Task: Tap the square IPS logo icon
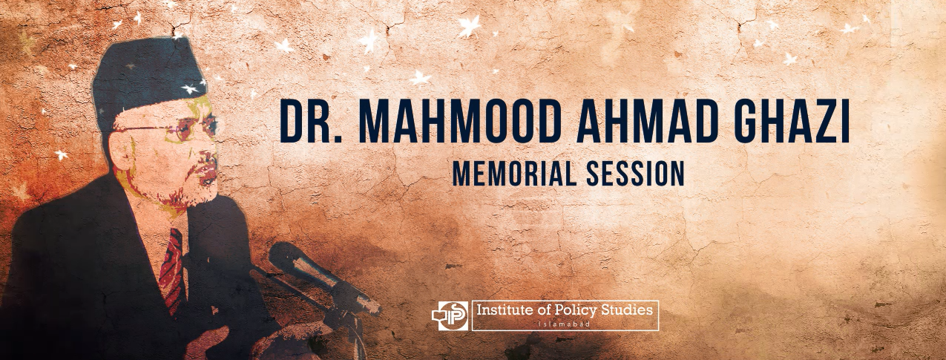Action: click(x=450, y=315)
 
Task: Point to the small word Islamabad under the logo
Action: click(x=565, y=324)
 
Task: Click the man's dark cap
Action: click(x=148, y=80)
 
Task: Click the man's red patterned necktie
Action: click(x=172, y=270)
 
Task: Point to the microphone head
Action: click(x=292, y=258)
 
